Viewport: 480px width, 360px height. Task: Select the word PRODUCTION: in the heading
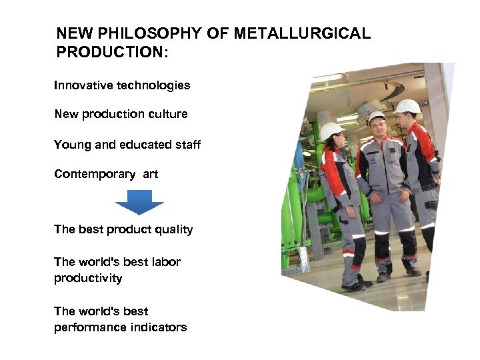click(x=113, y=51)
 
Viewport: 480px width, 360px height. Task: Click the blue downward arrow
click(x=139, y=202)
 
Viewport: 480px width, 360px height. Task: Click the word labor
click(x=165, y=262)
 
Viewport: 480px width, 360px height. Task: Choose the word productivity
click(x=88, y=278)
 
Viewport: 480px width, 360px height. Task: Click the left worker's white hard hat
click(x=331, y=131)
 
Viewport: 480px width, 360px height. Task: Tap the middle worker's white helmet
click(x=377, y=116)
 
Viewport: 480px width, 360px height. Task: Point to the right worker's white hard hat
click(x=407, y=106)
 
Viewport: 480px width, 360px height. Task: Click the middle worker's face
click(x=377, y=127)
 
